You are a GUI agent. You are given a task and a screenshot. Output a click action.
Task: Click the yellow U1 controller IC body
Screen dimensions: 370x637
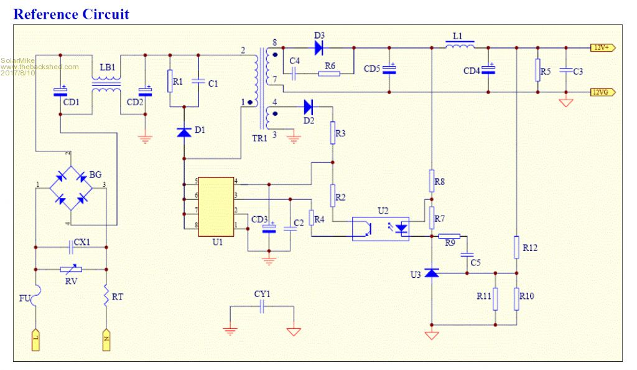pos(216,206)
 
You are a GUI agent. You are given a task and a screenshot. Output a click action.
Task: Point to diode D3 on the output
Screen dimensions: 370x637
pos(319,47)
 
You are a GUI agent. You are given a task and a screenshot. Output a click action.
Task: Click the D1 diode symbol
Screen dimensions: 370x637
pos(184,131)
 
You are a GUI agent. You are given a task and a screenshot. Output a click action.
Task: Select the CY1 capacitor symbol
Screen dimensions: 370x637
pos(263,306)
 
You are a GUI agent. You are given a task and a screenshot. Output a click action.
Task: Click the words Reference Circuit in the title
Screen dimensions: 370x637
pos(72,14)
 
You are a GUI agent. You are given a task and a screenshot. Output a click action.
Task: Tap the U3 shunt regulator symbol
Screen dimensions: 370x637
pos(432,273)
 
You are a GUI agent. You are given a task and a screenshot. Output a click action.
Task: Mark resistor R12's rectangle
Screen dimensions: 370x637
pos(516,247)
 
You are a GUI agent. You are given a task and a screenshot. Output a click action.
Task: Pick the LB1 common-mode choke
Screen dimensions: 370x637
pos(107,85)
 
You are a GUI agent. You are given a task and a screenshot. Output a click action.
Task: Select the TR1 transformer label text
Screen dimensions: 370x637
pos(259,138)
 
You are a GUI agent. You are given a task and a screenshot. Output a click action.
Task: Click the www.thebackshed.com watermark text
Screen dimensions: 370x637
pos(40,67)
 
